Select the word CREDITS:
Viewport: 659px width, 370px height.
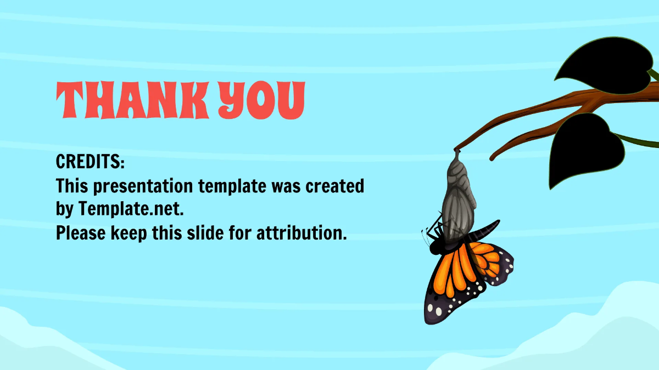91,162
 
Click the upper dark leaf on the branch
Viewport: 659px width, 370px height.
604,66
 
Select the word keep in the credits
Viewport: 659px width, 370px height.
127,234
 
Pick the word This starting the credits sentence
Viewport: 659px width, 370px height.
72,186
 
